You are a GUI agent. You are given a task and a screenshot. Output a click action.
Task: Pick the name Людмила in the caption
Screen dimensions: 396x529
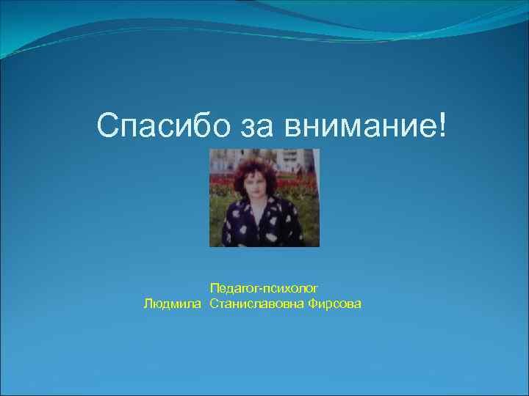pyautogui.click(x=173, y=304)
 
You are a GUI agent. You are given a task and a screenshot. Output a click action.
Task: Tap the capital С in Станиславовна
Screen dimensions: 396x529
pyautogui.click(x=213, y=304)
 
